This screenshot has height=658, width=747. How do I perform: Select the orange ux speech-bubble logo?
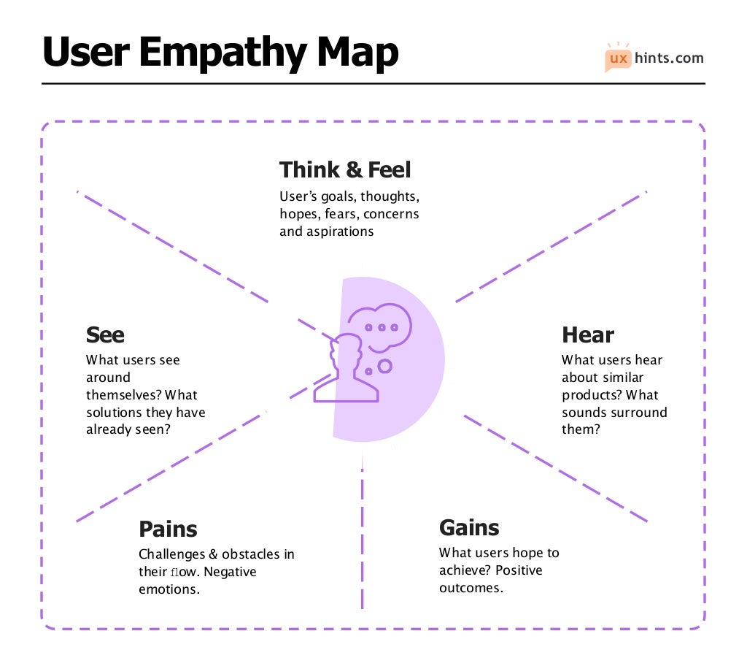(618, 58)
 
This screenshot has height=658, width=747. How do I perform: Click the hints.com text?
(670, 58)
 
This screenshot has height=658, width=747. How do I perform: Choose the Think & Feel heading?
(345, 170)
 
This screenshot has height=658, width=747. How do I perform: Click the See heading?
(105, 335)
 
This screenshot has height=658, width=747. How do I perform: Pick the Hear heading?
(587, 335)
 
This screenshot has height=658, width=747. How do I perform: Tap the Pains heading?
(168, 529)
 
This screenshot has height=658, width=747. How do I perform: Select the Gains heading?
(469, 527)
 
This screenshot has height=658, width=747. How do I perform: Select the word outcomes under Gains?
(470, 588)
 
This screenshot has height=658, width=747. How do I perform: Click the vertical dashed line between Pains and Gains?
(363, 533)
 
